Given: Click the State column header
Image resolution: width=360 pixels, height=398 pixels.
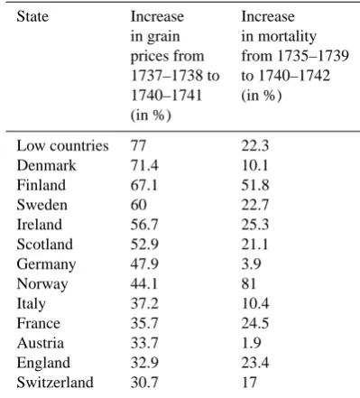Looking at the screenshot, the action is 32,16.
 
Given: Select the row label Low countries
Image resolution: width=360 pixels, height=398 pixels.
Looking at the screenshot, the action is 62,146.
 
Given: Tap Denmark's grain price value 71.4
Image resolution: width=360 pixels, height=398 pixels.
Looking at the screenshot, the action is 144,165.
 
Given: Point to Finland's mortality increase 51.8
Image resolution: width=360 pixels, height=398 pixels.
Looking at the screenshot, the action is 255,185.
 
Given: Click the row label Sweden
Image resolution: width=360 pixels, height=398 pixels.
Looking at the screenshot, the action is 42,205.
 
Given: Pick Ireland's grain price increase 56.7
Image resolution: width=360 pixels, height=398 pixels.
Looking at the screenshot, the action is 144,225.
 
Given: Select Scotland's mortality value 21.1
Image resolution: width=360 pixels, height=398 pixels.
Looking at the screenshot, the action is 254,244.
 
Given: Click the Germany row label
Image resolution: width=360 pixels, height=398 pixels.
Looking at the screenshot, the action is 46,264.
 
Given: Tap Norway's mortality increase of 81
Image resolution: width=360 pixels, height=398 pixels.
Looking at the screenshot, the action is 248,283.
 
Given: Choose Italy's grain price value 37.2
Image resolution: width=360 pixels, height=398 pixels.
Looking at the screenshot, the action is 144,303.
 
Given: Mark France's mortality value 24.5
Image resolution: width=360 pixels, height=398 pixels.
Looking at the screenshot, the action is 255,323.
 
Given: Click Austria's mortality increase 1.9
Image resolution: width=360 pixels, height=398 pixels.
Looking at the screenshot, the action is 251,343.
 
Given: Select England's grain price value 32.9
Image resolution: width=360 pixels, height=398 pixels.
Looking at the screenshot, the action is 144,363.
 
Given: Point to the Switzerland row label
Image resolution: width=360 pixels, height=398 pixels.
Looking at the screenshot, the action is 55,382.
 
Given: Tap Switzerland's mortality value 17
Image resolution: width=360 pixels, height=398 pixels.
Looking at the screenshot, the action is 249,382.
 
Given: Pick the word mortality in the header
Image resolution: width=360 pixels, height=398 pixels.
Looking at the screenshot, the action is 288,37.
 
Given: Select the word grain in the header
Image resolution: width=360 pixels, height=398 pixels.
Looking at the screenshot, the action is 163,37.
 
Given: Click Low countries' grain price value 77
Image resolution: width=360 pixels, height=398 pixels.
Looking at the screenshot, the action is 138,146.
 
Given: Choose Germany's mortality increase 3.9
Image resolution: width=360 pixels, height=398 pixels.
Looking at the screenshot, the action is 251,264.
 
